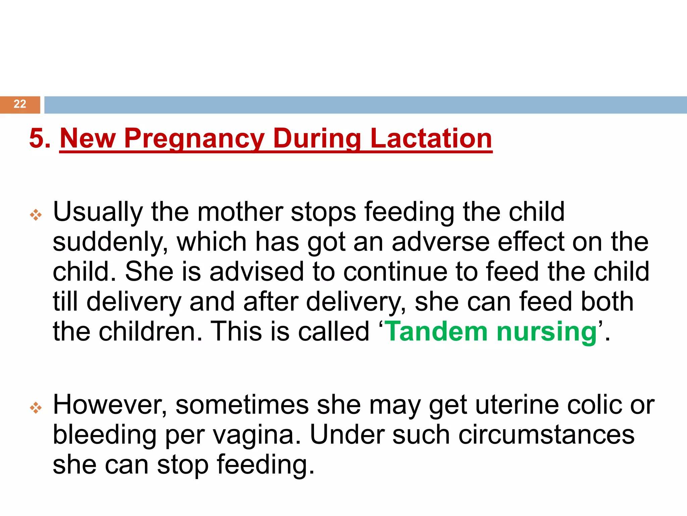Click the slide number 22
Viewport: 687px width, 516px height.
coord(20,104)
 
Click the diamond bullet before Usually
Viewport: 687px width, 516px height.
coord(36,215)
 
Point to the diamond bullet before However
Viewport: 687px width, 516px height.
coord(36,408)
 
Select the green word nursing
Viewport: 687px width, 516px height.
coord(547,332)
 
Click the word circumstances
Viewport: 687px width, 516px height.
coord(546,435)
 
